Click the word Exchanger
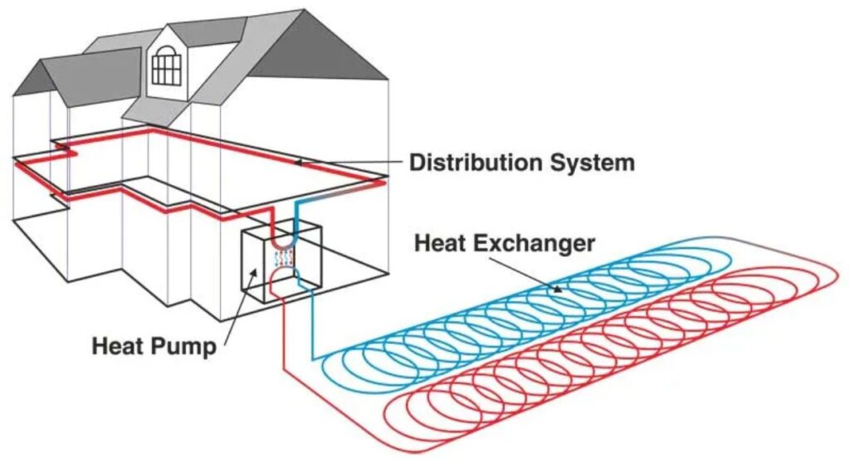point(535,244)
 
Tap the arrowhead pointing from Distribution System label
point(299,162)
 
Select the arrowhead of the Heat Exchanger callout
point(556,288)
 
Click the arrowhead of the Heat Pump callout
point(254,272)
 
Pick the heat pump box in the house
point(281,264)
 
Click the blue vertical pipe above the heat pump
point(296,216)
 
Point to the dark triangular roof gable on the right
point(320,47)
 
